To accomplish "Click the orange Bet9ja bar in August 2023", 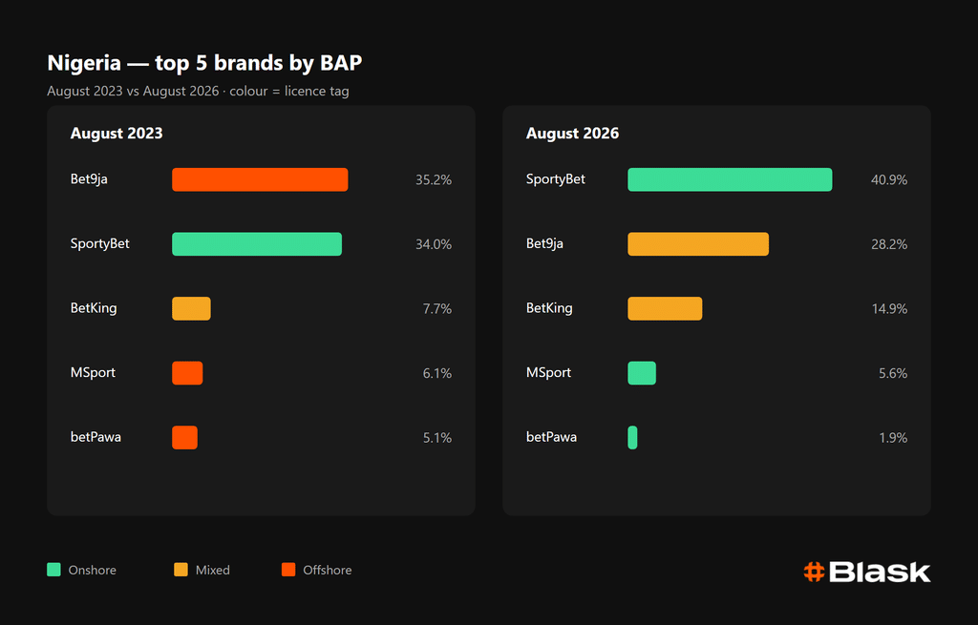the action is tap(260, 179).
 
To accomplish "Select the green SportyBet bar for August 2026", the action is tap(730, 179).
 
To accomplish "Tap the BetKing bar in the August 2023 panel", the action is tap(191, 308).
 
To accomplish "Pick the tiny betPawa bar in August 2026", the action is tap(632, 437).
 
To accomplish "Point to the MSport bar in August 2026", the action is tap(642, 373).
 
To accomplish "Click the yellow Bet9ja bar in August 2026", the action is tap(698, 244).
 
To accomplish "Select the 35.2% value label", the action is tap(434, 180).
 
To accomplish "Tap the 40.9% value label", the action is tap(889, 180).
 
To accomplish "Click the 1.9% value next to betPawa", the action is tap(893, 438).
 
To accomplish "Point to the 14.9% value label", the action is tap(889, 309).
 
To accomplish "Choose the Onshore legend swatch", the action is tap(53, 570).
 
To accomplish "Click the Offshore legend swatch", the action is tap(288, 570).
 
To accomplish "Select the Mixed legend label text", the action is tap(213, 571).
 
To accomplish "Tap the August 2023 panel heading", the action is tap(117, 134).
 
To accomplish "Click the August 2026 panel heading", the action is tap(572, 134).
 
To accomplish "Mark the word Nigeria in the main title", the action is tap(84, 63).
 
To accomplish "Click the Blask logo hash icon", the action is tap(814, 572).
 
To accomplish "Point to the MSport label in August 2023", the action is tap(93, 373).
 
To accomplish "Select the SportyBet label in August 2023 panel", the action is tap(99, 244).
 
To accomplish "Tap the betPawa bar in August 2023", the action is tap(184, 437).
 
